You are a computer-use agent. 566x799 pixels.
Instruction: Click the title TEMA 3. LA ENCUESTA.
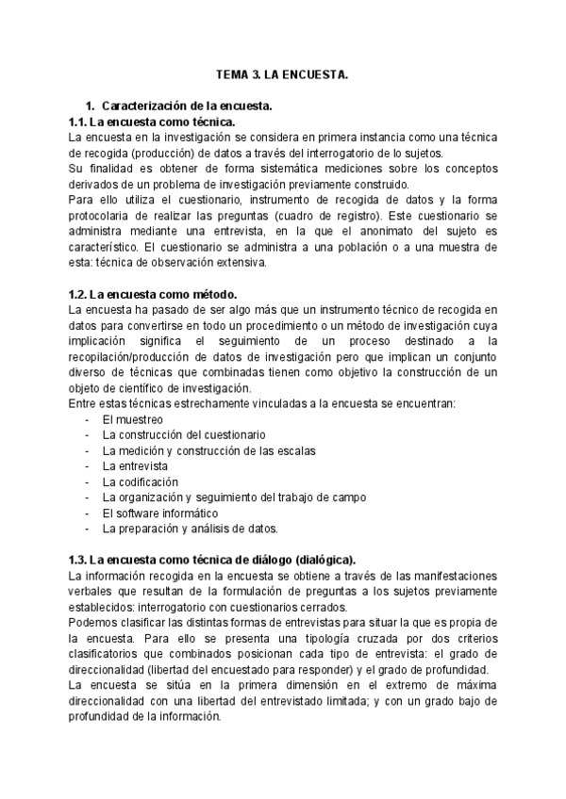click(282, 73)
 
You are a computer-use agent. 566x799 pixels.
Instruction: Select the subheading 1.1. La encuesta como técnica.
click(152, 122)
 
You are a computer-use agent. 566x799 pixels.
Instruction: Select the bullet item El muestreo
click(132, 419)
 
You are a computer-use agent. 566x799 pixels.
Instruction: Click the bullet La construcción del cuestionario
click(183, 435)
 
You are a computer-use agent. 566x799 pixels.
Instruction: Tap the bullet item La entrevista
click(135, 466)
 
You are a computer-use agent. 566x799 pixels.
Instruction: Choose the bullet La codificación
click(140, 481)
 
